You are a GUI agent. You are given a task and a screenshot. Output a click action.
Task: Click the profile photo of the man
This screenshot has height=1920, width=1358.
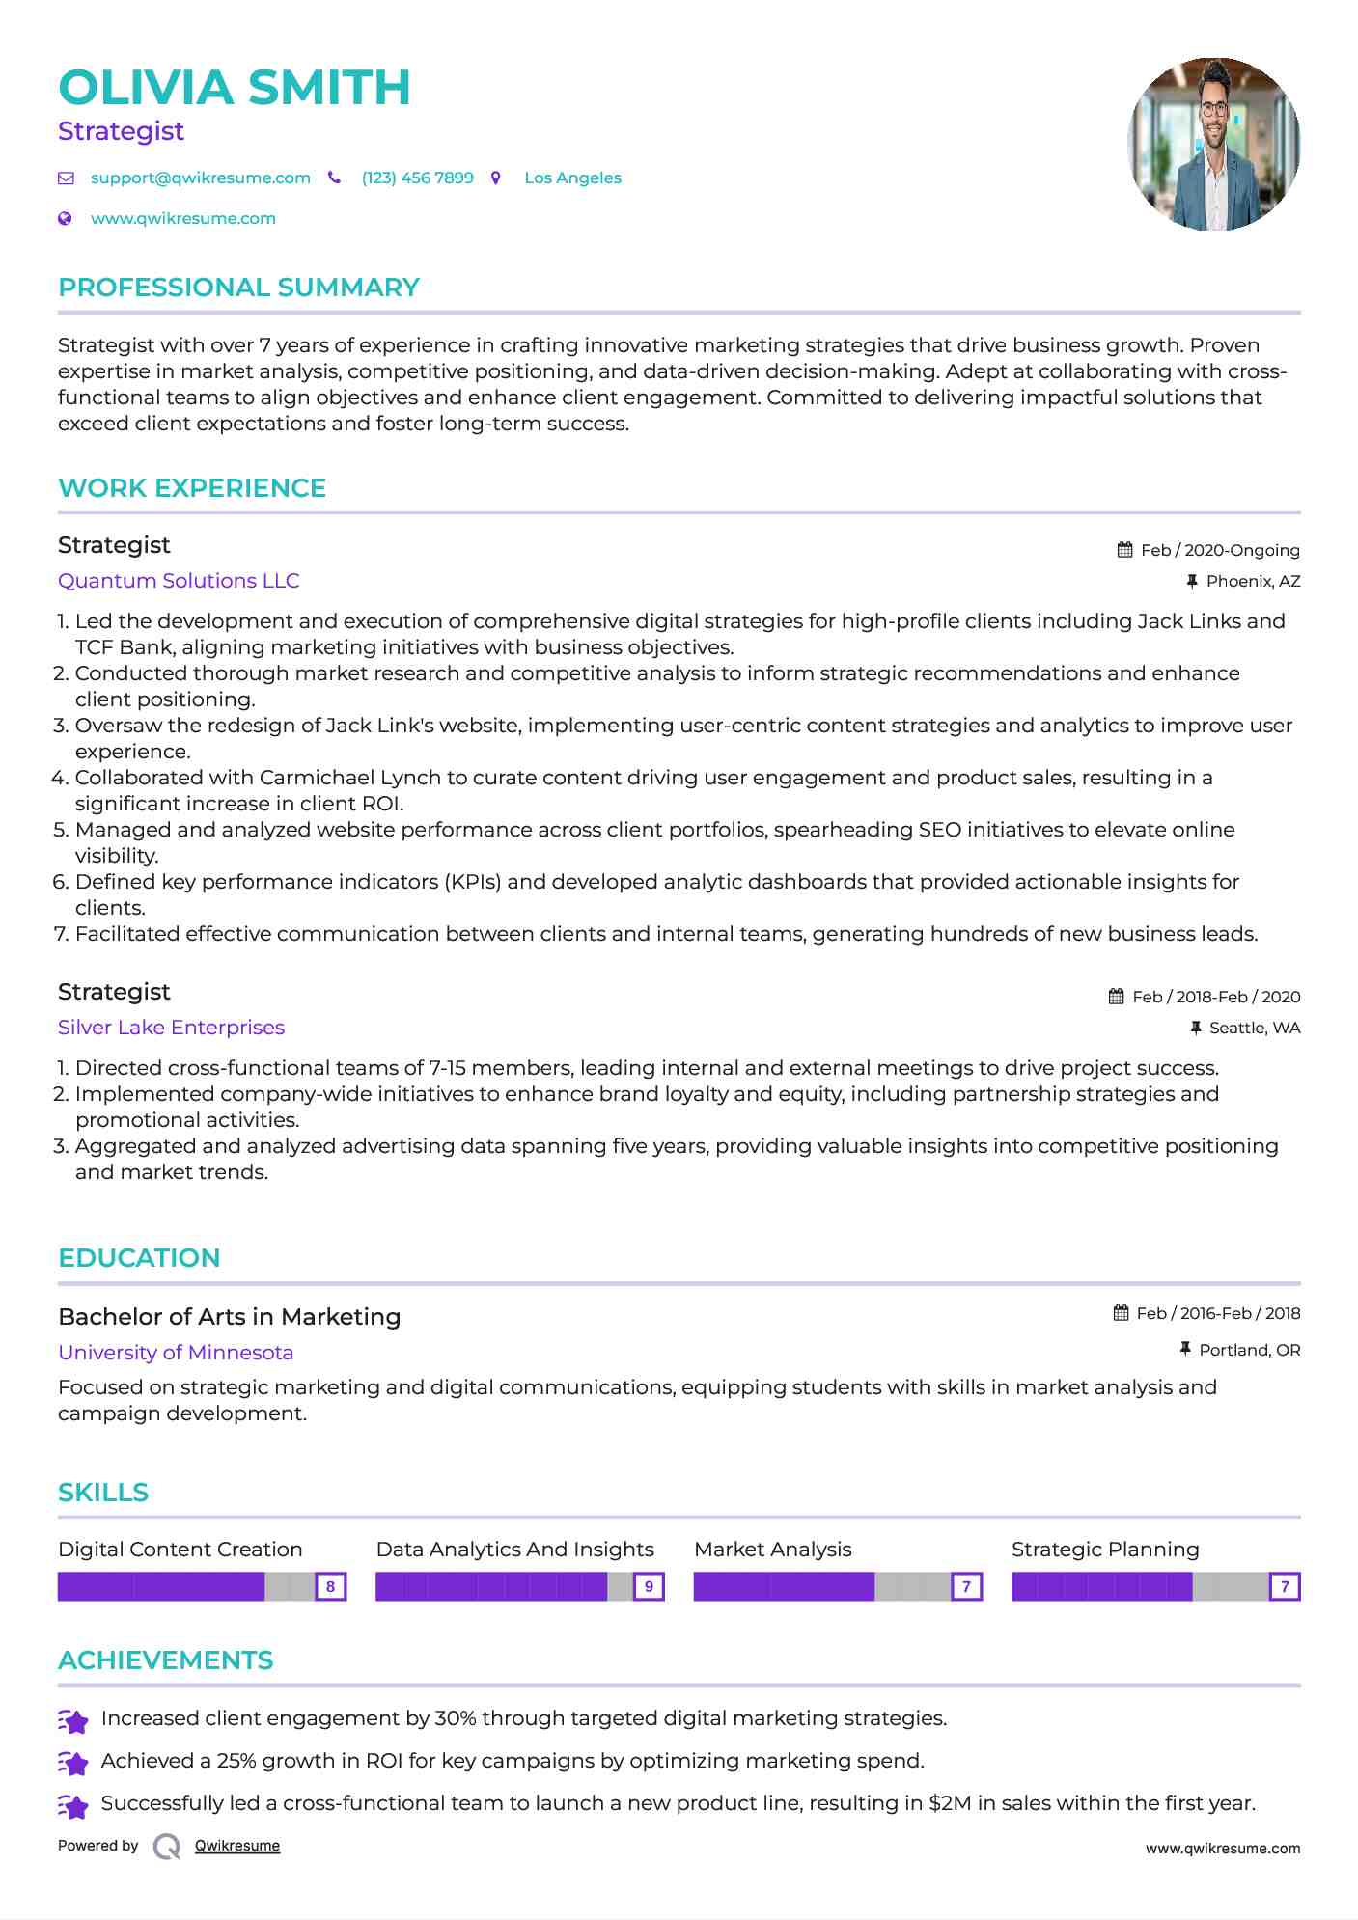coord(1213,144)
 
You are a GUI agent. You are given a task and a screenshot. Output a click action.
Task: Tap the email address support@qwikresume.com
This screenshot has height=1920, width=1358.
coord(200,178)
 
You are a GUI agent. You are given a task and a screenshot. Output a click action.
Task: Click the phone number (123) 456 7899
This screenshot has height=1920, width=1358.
coord(417,178)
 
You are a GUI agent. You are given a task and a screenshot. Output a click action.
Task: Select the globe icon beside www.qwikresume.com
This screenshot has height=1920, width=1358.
coord(65,218)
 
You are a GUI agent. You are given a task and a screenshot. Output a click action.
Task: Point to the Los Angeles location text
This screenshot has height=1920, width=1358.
coord(572,178)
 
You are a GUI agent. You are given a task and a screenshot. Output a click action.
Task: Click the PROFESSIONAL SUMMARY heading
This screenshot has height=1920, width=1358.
coord(238,288)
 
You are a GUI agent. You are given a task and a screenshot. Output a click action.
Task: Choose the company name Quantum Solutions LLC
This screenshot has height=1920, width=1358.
coord(179,581)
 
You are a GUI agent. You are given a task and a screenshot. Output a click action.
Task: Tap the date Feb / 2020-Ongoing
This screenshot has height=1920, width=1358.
coord(1220,550)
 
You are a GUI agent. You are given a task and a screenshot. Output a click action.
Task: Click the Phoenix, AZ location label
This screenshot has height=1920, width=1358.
coord(1253,581)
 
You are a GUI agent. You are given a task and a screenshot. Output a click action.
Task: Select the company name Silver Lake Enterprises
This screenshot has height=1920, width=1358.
coord(171,1028)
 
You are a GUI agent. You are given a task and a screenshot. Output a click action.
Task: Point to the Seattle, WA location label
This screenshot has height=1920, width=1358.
coord(1255,1028)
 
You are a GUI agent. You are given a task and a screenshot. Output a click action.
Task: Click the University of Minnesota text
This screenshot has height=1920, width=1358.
coord(176,1353)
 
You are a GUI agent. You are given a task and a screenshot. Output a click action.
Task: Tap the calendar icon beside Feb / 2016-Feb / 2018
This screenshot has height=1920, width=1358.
coord(1121,1313)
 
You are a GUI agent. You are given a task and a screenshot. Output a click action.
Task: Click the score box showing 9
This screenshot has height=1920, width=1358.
coord(649,1586)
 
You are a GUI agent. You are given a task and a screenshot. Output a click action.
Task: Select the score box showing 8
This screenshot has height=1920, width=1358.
coord(331,1586)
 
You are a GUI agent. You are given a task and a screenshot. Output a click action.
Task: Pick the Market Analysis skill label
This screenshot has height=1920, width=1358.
coord(772,1550)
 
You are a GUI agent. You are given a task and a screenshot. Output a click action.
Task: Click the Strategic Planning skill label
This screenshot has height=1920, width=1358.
coord(1105,1550)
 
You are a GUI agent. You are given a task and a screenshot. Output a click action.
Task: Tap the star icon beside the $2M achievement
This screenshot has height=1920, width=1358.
coord(73,1805)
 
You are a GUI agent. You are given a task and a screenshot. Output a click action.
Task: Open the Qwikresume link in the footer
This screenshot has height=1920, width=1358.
coord(237,1846)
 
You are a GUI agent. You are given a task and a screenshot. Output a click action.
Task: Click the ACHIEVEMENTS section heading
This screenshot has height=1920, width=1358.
coord(165,1660)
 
